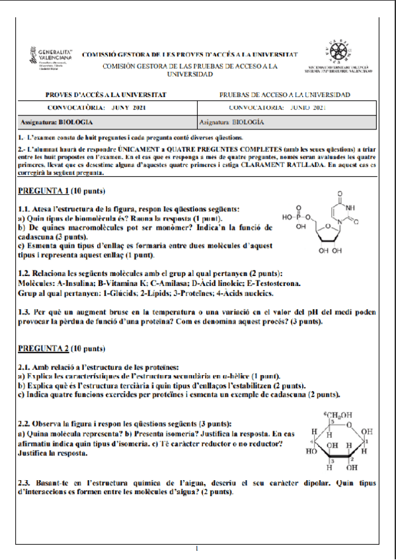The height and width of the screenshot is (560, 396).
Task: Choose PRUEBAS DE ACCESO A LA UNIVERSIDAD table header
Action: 284,95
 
